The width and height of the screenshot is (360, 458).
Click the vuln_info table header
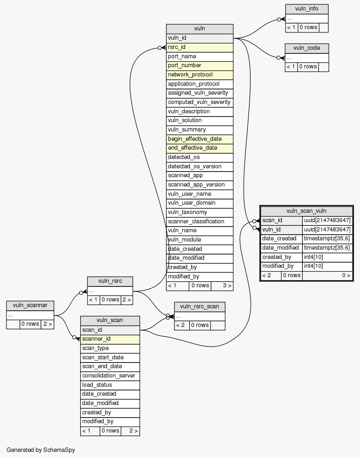click(307, 9)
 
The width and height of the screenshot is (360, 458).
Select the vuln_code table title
click(307, 48)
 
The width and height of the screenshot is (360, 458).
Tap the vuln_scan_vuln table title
click(306, 211)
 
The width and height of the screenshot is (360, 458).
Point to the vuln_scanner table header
click(30, 305)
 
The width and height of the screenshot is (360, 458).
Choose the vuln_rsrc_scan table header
click(199, 306)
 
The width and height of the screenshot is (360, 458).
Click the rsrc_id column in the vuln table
click(200, 47)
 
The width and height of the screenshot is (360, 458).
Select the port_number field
click(200, 66)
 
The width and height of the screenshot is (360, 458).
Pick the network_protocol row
click(200, 75)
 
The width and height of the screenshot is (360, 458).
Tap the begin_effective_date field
click(200, 139)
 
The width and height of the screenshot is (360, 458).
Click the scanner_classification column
click(200, 221)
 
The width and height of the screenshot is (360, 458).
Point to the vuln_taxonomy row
click(200, 212)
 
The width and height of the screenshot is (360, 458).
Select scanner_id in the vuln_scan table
click(110, 339)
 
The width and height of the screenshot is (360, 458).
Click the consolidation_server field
click(110, 375)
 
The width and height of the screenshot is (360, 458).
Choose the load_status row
click(110, 385)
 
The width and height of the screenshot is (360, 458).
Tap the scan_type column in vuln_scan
click(110, 348)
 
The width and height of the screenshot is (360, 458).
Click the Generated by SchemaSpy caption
click(41, 450)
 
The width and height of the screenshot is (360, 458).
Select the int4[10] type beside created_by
click(327, 257)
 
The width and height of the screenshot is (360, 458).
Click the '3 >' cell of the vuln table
click(222, 286)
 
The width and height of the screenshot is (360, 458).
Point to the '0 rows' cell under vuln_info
click(308, 28)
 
